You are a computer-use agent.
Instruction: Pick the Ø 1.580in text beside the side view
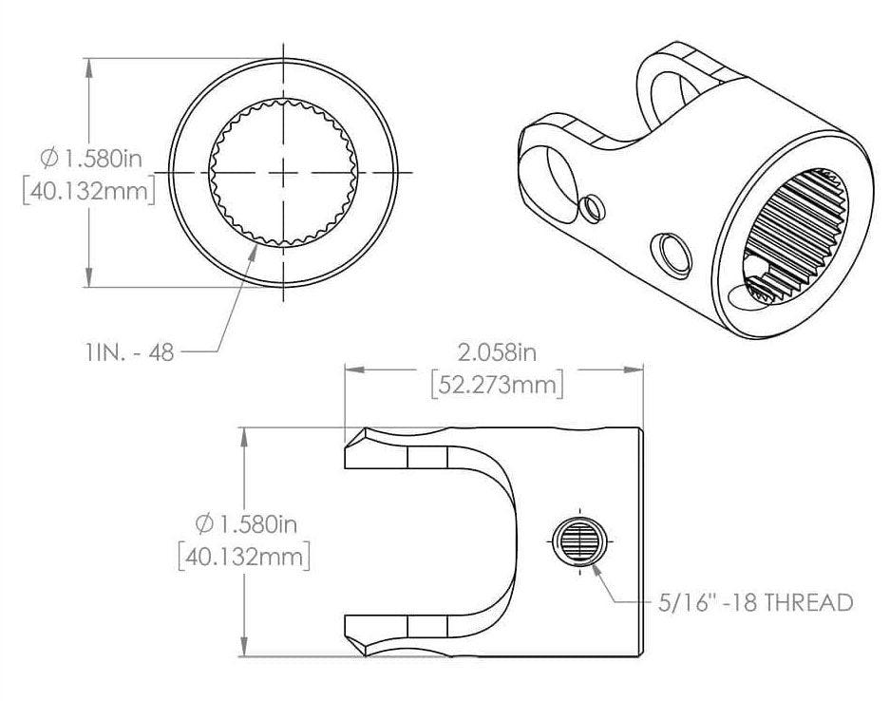pos(246,522)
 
